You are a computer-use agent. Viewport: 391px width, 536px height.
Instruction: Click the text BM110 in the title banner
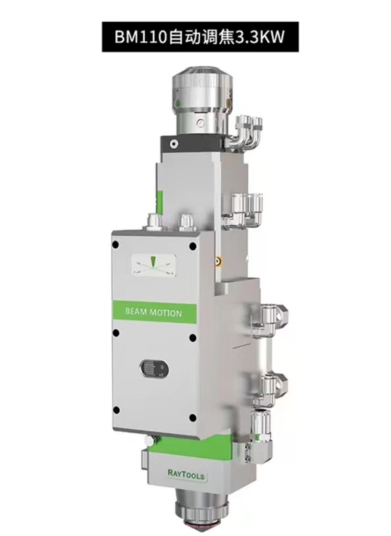coord(141,37)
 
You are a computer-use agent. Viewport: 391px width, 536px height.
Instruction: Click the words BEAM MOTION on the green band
coord(153,312)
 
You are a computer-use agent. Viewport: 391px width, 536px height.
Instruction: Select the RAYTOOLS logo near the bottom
coord(186,474)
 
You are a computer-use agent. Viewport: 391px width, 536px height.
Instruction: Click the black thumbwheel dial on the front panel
coord(153,368)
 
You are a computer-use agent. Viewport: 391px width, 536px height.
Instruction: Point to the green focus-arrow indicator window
coord(153,264)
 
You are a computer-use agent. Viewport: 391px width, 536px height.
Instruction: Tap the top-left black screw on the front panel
coord(116,244)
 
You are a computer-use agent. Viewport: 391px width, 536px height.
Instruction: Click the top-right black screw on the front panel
coord(193,246)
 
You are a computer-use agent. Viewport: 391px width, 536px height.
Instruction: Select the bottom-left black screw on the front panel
coord(116,410)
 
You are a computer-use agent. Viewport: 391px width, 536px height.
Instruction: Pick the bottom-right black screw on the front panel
coord(193,417)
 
